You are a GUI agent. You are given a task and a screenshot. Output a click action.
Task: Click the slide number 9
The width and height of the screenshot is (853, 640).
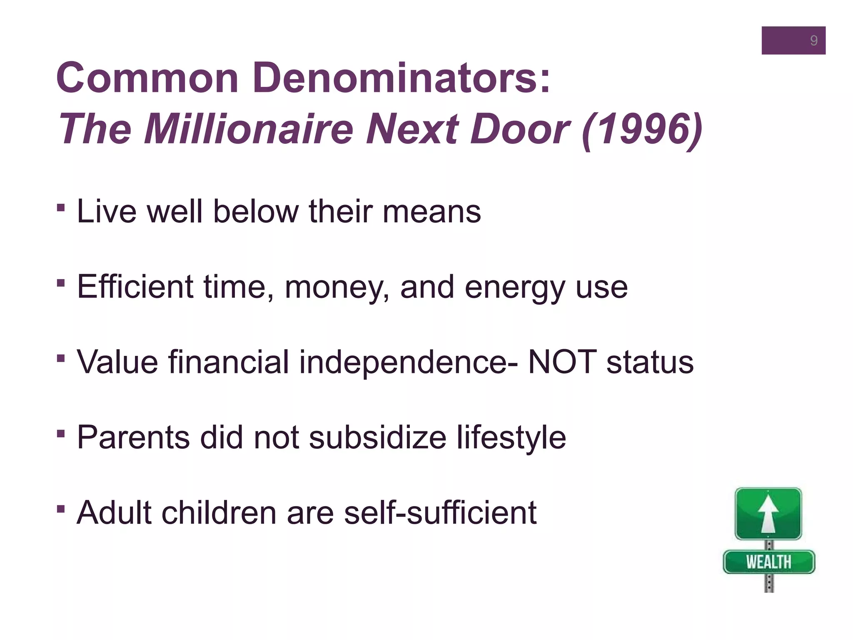813,40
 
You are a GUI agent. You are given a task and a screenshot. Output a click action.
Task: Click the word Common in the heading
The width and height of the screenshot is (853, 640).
147,78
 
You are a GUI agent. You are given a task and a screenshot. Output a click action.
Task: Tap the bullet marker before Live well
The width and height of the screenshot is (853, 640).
61,207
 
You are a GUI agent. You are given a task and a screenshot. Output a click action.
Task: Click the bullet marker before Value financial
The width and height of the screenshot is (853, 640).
61,358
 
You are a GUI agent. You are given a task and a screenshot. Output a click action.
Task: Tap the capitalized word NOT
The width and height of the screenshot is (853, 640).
562,362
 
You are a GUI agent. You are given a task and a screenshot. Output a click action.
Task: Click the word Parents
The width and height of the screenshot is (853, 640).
133,437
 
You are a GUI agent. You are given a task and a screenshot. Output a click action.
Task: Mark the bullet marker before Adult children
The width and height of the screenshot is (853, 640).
61,509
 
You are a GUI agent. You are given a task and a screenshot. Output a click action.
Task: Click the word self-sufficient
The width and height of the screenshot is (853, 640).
440,512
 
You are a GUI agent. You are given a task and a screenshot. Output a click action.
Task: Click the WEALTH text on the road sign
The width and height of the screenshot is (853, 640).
768,562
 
